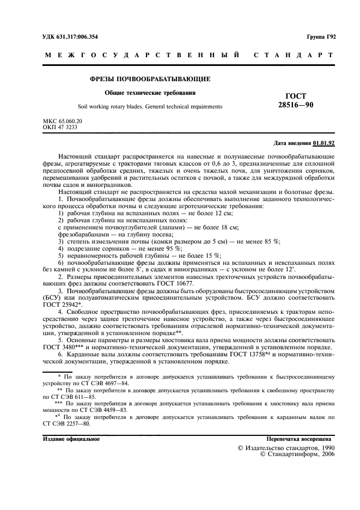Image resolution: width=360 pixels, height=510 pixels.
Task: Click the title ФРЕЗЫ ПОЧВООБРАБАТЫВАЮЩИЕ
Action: tap(150, 79)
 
